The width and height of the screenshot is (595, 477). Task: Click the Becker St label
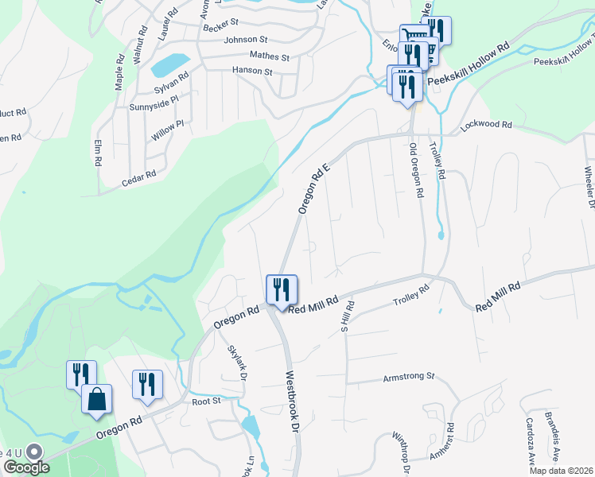click(x=220, y=26)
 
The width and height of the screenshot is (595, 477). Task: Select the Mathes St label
click(x=269, y=57)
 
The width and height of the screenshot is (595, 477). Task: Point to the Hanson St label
click(x=252, y=72)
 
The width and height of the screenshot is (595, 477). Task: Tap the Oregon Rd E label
click(x=313, y=185)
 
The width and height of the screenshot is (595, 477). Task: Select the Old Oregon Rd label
click(x=415, y=171)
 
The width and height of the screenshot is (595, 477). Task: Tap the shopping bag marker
click(x=97, y=400)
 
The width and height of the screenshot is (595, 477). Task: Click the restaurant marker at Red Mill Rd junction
click(x=281, y=289)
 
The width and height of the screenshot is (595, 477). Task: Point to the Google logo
click(x=26, y=467)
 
